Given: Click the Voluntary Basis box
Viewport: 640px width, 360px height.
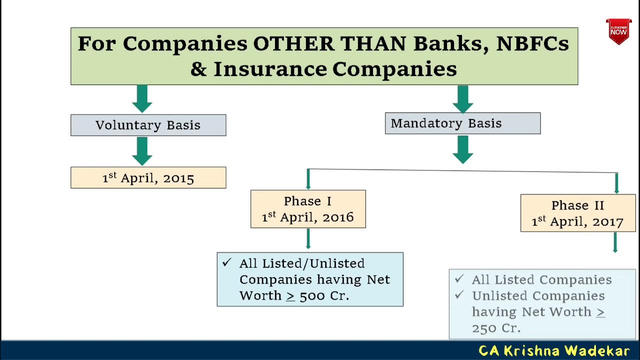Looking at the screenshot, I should (148, 125).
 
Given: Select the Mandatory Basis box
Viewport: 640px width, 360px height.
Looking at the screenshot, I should (462, 123).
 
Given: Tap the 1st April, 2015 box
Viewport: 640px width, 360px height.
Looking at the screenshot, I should (148, 178).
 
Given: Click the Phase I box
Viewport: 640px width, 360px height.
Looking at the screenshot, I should (308, 209).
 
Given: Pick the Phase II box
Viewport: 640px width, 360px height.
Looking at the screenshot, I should (577, 213).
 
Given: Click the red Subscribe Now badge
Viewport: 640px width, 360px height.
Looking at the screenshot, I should (618, 31).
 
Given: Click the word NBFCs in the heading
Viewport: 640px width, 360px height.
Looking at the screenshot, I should (532, 43).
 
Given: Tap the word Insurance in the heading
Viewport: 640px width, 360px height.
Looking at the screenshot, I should (270, 68).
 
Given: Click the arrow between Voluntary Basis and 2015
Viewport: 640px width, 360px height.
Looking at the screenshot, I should (142, 151).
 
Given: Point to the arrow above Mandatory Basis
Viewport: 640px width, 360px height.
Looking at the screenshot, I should (462, 98).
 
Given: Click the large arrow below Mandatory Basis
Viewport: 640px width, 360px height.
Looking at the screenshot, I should (462, 149).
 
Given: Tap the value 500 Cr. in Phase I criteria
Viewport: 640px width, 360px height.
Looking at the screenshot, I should (324, 295).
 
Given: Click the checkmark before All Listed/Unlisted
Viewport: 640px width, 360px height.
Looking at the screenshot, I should (227, 262).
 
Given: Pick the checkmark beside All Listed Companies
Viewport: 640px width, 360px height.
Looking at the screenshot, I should (459, 279).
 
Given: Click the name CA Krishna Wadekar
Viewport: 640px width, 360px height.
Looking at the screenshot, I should (554, 350).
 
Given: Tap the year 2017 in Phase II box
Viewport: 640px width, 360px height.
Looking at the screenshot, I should (607, 222).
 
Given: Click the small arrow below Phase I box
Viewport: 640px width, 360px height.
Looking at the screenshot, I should (308, 239).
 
